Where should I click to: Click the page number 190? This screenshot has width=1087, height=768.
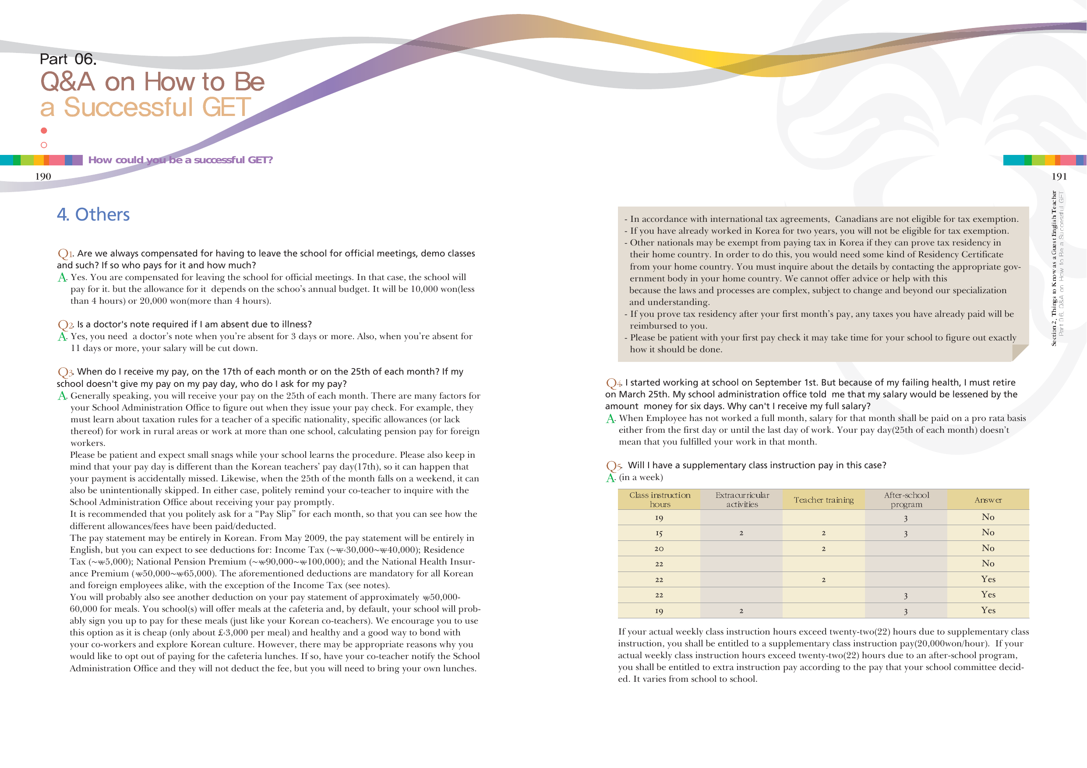(x=43, y=176)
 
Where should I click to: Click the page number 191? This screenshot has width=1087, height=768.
(x=1059, y=176)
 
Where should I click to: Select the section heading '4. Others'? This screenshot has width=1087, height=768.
(x=93, y=215)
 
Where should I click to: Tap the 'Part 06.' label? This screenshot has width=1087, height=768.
(x=68, y=59)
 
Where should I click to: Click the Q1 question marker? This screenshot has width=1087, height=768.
(x=65, y=254)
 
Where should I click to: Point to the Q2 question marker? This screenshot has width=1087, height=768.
(x=65, y=325)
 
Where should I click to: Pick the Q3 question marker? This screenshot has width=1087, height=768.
(x=65, y=372)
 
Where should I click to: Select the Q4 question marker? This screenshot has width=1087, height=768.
(x=614, y=383)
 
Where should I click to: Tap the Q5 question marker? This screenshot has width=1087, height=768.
(x=614, y=466)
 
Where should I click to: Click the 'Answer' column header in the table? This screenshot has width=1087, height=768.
(x=988, y=500)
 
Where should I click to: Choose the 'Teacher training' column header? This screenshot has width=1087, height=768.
(x=824, y=500)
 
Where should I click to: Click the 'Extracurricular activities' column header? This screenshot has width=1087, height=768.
(x=742, y=500)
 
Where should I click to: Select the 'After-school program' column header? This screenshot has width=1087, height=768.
(x=906, y=500)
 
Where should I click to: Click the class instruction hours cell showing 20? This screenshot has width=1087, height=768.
(x=659, y=548)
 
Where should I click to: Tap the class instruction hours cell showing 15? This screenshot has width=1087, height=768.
(x=659, y=533)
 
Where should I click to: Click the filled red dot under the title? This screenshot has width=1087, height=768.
(x=44, y=130)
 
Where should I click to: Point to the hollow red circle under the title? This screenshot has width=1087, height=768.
(x=44, y=145)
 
